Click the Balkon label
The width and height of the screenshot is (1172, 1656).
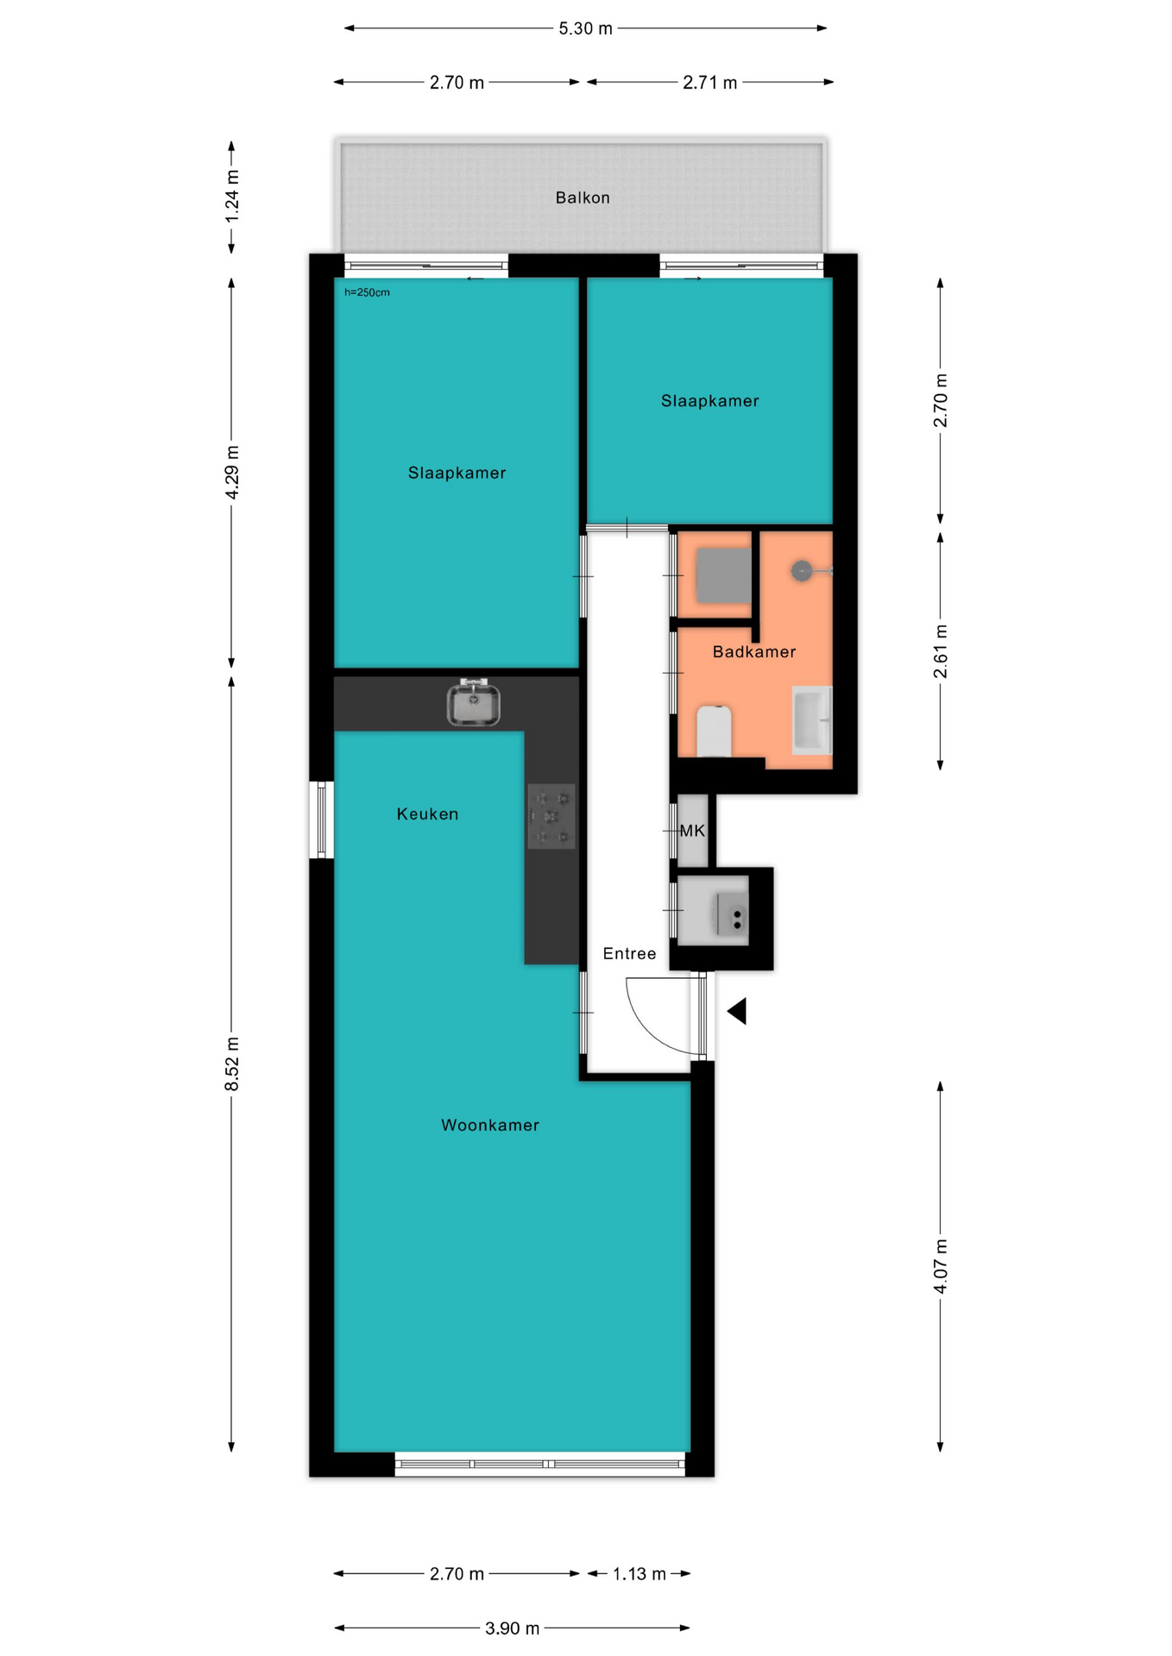tap(583, 198)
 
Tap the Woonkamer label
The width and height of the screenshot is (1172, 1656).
tap(490, 1125)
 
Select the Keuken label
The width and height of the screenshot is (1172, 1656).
tap(427, 813)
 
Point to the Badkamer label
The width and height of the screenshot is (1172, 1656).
tap(754, 651)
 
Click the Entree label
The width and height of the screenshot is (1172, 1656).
tap(629, 953)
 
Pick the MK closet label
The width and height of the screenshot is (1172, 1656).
tap(692, 831)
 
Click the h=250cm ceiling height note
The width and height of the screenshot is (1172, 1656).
tap(367, 292)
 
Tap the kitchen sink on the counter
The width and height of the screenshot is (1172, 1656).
tap(474, 702)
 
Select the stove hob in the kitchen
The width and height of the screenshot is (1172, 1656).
tap(551, 817)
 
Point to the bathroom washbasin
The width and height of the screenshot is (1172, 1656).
tap(812, 720)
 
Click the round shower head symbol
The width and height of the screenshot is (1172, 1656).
tap(802, 571)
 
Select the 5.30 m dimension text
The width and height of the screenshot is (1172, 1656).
tap(585, 28)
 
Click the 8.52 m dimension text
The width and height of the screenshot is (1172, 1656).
tap(232, 1063)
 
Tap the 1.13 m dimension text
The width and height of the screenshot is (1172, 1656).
tap(640, 1574)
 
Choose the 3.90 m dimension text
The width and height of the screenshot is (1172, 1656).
tap(512, 1628)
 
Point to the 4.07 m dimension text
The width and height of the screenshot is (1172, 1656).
tap(941, 1266)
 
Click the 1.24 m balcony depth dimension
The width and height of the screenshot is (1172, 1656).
tap(232, 196)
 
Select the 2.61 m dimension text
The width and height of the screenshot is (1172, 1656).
tap(941, 651)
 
